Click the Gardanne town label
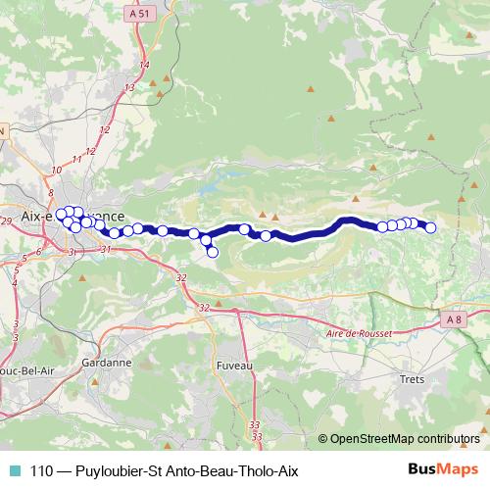108,362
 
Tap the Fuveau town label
233,365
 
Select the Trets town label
412,377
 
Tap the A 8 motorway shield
451,319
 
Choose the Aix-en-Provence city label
73,216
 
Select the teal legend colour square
14,470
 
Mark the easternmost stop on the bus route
429,227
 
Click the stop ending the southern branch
213,253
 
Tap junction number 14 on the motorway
144,65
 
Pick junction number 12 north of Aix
90,151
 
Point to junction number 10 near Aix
56,171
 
